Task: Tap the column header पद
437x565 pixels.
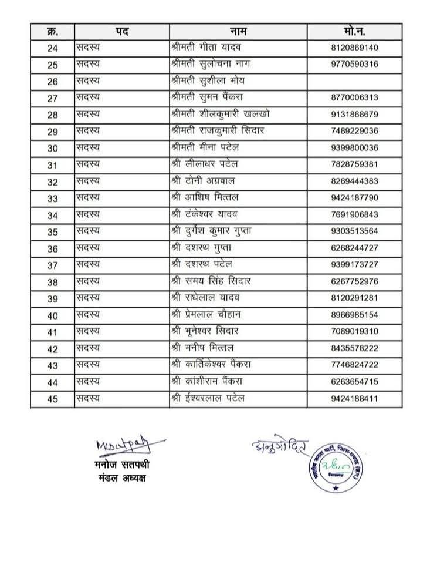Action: tap(122, 32)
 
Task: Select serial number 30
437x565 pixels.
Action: tap(52, 148)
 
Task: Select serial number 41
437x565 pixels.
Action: tap(52, 332)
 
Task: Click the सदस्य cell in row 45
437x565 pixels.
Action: tap(88, 399)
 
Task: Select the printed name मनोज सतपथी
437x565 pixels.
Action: tap(122, 466)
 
